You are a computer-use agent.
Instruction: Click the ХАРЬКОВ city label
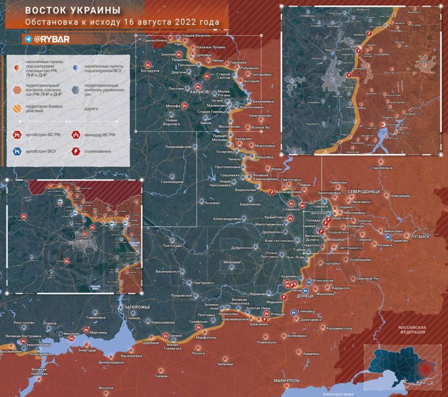pos(198,91)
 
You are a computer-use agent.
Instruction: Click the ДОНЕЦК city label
pos(305,296)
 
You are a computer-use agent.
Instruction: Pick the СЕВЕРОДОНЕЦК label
pos(364,191)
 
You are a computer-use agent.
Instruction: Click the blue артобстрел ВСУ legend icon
pos(17,151)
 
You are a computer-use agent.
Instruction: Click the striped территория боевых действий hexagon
pos(17,108)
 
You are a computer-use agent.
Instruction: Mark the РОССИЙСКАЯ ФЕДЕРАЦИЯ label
pos(413,330)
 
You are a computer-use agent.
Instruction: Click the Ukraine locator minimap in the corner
pos(402,367)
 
